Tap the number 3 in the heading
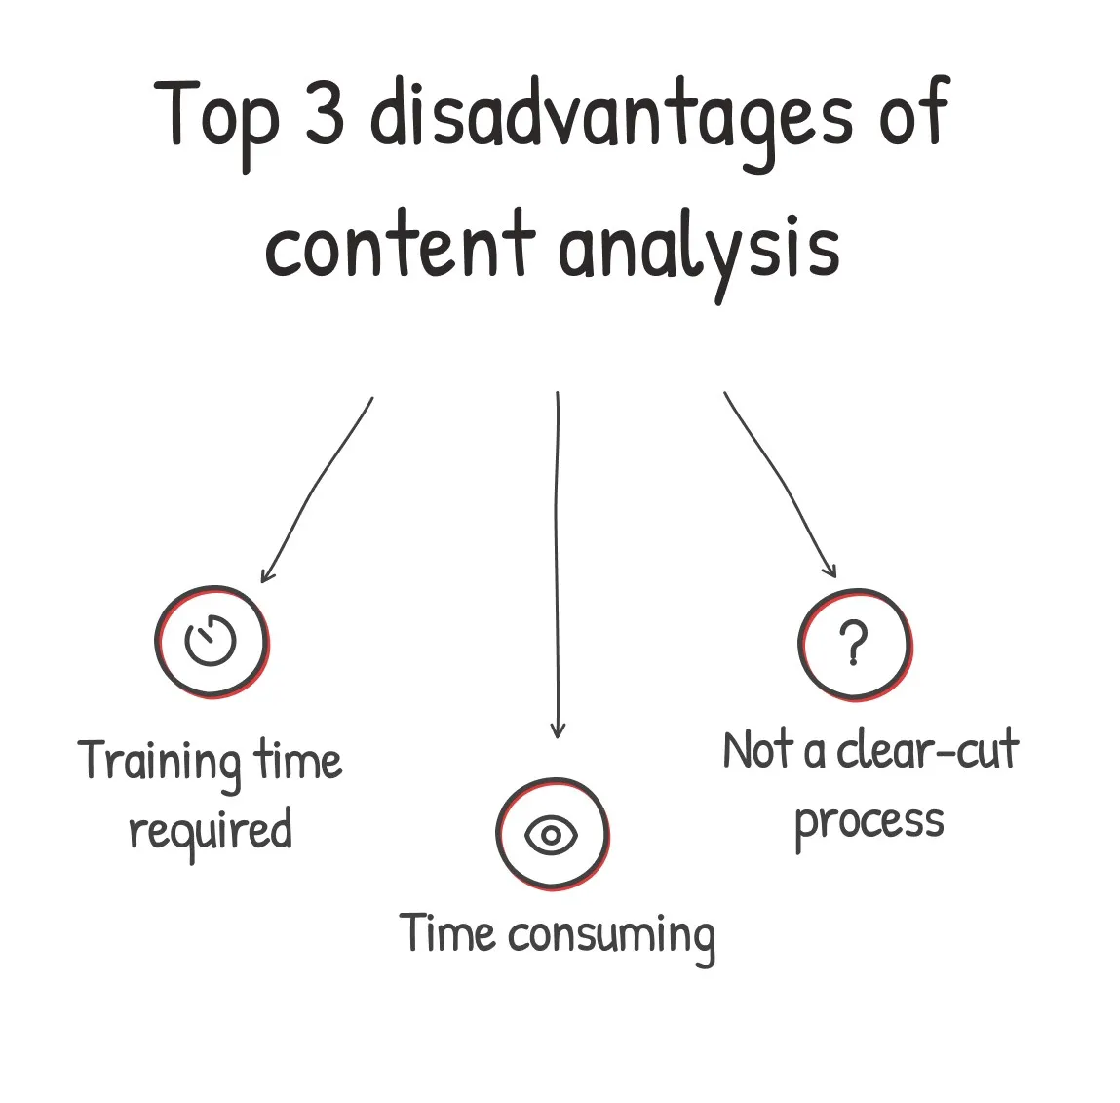click(x=325, y=112)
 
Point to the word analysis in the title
click(x=699, y=255)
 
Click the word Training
click(x=159, y=765)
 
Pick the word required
click(x=211, y=832)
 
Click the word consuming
click(x=611, y=937)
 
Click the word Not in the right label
click(x=758, y=751)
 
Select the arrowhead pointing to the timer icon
click(x=266, y=574)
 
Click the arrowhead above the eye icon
click(x=558, y=729)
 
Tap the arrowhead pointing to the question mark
click(x=830, y=570)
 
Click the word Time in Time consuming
click(x=446, y=933)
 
